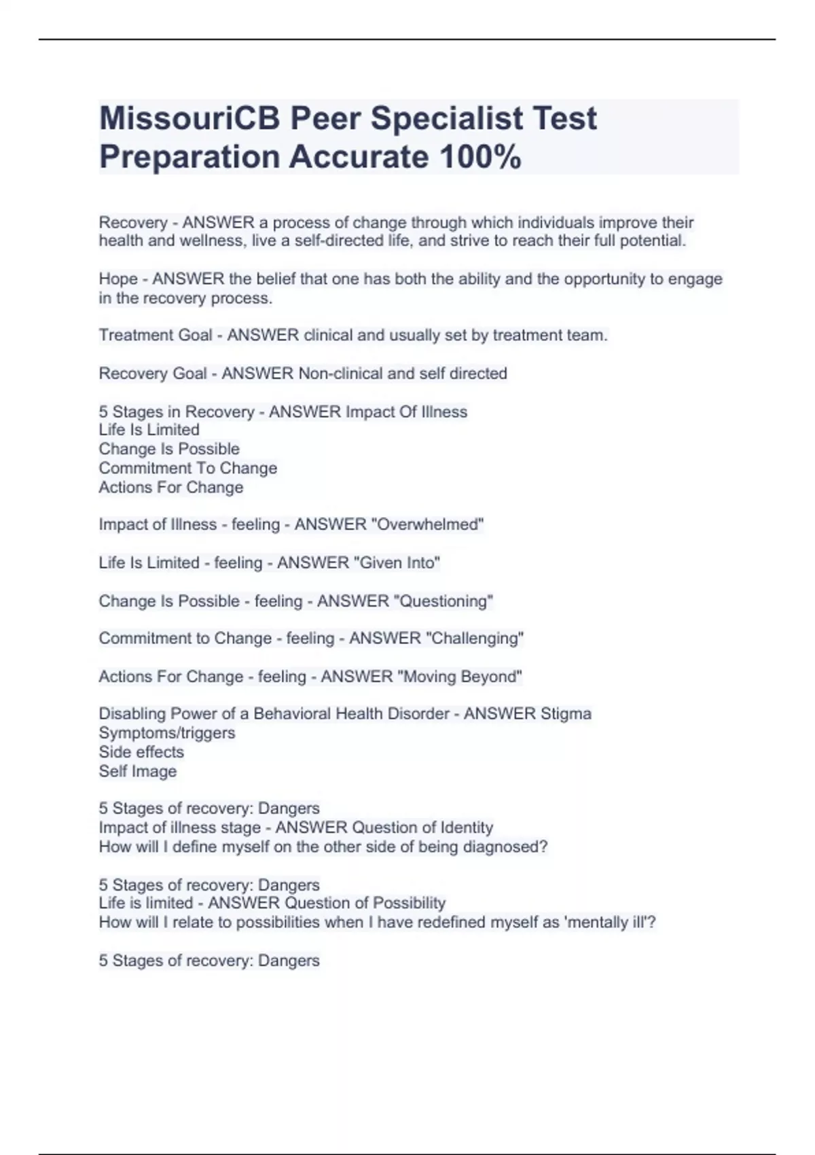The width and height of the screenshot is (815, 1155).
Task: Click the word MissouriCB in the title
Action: (x=189, y=119)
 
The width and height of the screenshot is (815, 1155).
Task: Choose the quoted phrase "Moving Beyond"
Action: (x=459, y=677)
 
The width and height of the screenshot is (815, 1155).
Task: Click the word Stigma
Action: (x=565, y=714)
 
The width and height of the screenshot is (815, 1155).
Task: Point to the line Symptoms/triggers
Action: (x=167, y=733)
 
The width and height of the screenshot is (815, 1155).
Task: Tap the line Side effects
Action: (x=141, y=752)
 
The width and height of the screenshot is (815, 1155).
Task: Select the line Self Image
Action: (x=138, y=771)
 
